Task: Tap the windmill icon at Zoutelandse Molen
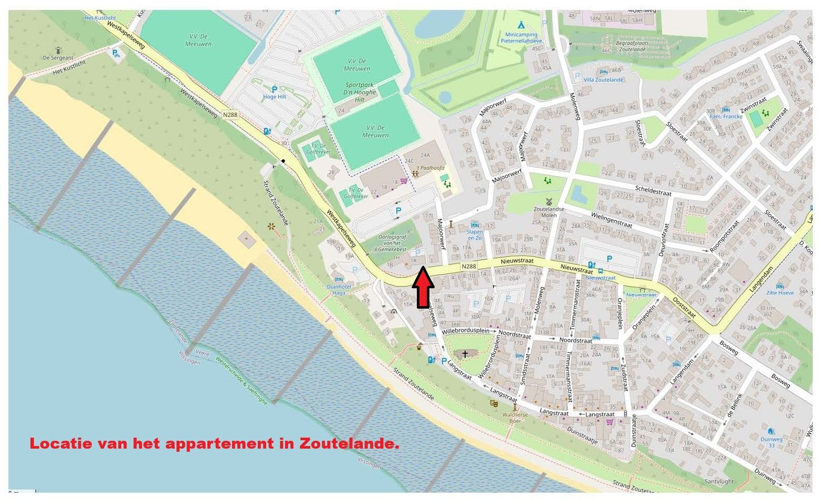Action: point(549,201)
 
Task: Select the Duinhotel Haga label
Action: point(339,290)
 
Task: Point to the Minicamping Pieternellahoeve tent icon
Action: point(520,25)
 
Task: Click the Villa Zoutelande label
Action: point(603,80)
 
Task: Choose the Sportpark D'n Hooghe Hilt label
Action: point(361,92)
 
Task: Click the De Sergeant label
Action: point(58,57)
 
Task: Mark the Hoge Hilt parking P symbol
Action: point(274,89)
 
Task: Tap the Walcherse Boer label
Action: point(515,418)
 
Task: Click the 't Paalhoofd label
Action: point(431,168)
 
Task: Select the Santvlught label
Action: point(719,481)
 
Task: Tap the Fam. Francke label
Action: point(725,116)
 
